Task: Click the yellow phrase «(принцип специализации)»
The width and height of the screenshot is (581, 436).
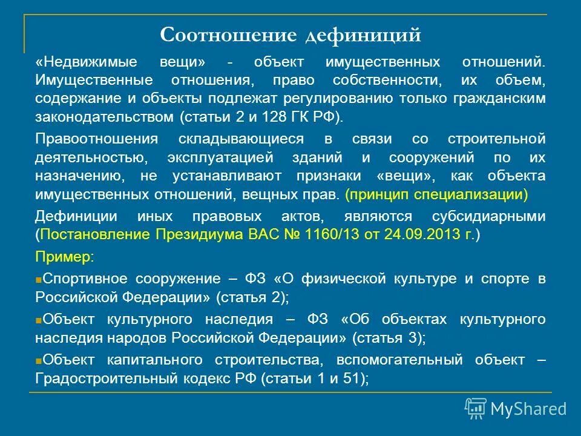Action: click(436, 195)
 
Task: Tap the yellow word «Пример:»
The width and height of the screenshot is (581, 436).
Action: click(64, 257)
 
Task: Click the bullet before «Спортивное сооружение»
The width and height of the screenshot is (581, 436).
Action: click(38, 280)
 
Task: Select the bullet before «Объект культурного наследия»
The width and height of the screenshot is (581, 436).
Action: click(38, 320)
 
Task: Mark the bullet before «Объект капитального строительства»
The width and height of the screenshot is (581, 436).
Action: click(38, 360)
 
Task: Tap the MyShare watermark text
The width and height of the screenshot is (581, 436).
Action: click(528, 409)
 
